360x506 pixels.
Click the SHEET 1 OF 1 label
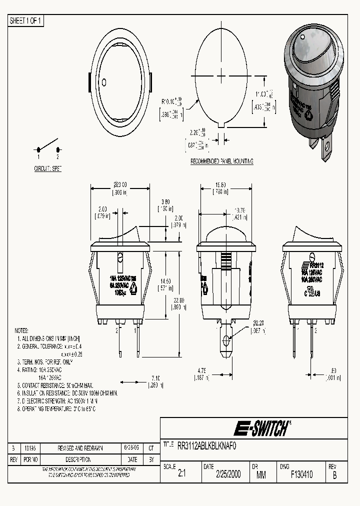pyautogui.click(x=26, y=20)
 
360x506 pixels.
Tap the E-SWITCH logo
pyautogui.click(x=262, y=428)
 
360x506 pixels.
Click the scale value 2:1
pyautogui.click(x=181, y=474)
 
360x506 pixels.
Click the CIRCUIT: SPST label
pyautogui.click(x=48, y=169)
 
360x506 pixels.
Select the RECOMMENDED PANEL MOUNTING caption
pyautogui.click(x=222, y=161)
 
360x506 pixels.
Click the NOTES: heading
pyautogui.click(x=21, y=331)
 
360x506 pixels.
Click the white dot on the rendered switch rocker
pyautogui.click(x=303, y=37)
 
